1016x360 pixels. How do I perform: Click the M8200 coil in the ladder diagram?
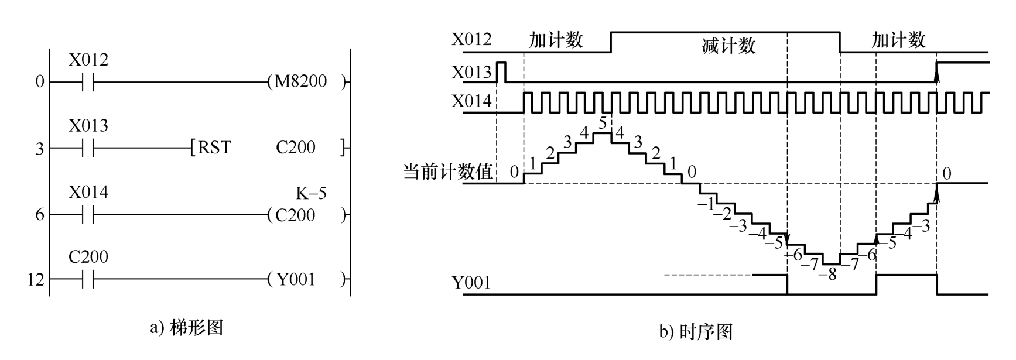[300, 81]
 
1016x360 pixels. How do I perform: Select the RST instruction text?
[214, 148]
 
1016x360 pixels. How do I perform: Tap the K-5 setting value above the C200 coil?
[311, 193]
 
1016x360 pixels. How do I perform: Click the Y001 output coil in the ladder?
[296, 280]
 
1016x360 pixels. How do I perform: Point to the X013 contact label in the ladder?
[88, 126]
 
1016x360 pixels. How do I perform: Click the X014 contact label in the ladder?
[88, 193]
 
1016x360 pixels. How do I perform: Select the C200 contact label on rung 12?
[88, 257]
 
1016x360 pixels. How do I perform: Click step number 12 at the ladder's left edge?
[36, 280]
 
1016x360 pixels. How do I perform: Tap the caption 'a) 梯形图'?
[187, 327]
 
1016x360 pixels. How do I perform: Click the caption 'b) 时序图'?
[696, 332]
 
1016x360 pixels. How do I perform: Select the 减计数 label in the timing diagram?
[728, 46]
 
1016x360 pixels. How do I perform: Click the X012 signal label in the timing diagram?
[471, 40]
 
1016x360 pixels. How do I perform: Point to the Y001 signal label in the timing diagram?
[471, 283]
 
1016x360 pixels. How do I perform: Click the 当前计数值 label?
[448, 172]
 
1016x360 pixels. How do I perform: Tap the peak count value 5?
[603, 124]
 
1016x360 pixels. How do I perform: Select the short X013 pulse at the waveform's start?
[501, 71]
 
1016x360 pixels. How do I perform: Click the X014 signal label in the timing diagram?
[471, 102]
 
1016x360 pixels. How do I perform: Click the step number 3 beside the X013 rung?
[39, 149]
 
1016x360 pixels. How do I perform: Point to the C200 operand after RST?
[296, 148]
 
